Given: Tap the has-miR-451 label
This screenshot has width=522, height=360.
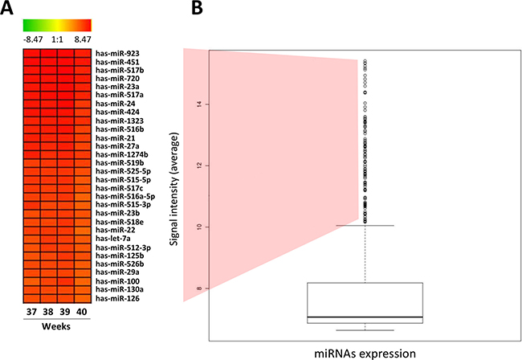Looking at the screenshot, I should pyautogui.click(x=116, y=62).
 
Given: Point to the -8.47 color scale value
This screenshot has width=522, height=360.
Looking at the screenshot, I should pyautogui.click(x=33, y=37).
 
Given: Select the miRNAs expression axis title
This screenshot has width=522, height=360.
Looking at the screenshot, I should pyautogui.click(x=365, y=352).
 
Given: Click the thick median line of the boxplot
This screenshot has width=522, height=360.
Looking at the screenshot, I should pyautogui.click(x=365, y=317).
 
